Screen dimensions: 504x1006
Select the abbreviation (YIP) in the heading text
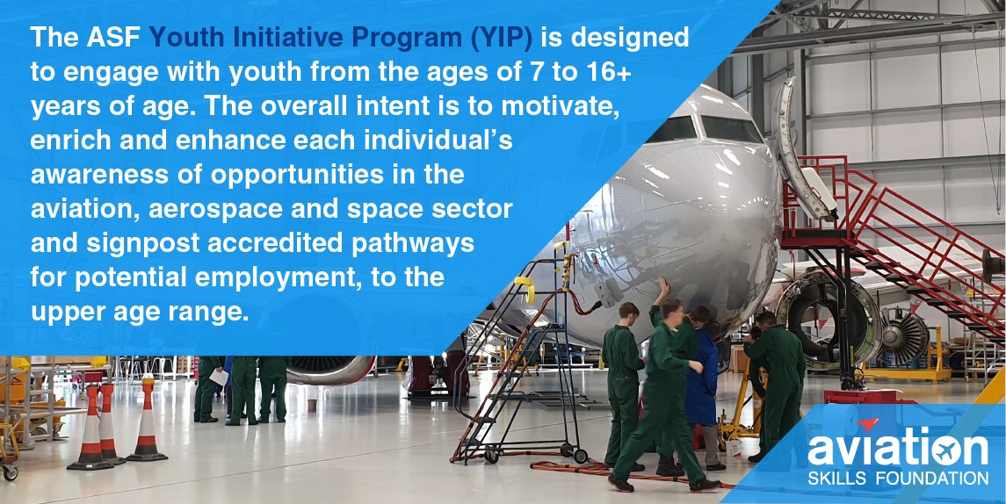[x=505, y=38]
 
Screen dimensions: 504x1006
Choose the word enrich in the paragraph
[x=69, y=140]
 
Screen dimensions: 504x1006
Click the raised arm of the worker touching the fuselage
[x=661, y=294]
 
